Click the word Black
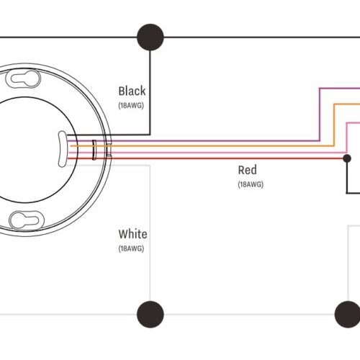click(x=132, y=91)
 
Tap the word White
click(x=132, y=234)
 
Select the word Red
click(x=247, y=170)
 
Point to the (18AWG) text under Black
click(x=131, y=106)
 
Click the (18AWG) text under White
click(x=131, y=248)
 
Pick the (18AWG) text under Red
click(x=251, y=184)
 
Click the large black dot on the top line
click(x=150, y=37)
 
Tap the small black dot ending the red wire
click(x=347, y=158)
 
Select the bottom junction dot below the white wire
click(x=150, y=314)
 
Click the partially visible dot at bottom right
click(x=348, y=314)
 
